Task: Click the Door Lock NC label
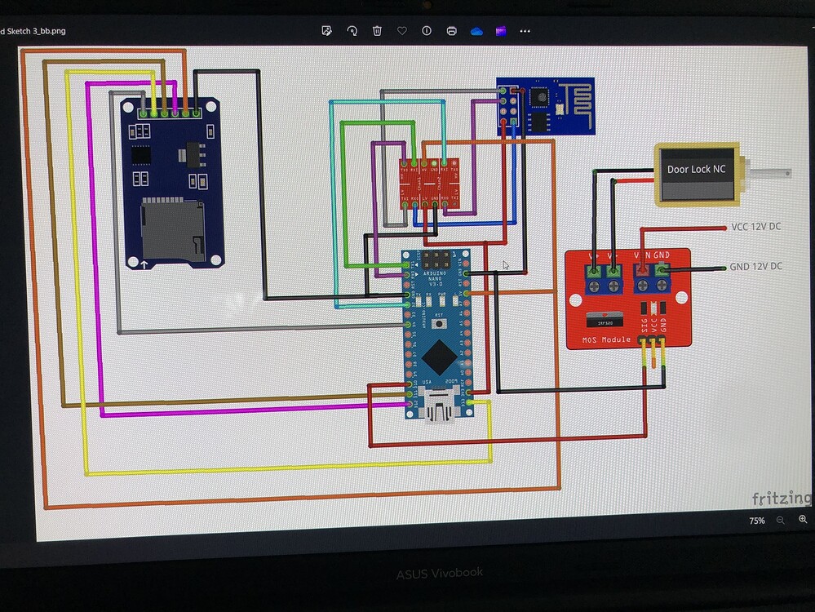click(695, 170)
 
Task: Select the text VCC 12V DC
click(755, 226)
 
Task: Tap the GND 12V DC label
click(755, 267)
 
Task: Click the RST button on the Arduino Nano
click(437, 323)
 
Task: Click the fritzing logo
click(782, 498)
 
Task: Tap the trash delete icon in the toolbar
click(377, 31)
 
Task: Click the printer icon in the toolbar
click(451, 31)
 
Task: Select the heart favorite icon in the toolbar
click(402, 31)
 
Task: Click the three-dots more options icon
click(525, 31)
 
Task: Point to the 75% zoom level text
click(757, 521)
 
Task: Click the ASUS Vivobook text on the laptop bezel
click(439, 574)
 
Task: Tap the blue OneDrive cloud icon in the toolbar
click(476, 31)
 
